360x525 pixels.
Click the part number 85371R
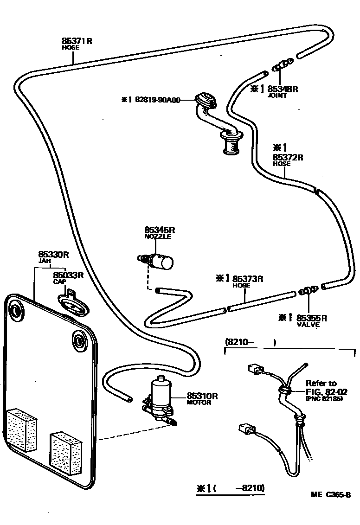[x=77, y=41]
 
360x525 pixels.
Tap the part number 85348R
[x=283, y=89]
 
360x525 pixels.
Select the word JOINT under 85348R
[x=278, y=96]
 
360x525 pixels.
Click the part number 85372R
[x=288, y=157]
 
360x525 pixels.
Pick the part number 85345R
[x=160, y=230]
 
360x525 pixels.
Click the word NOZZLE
[x=158, y=237]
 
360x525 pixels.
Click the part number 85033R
[x=68, y=275]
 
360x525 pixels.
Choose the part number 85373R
[x=248, y=279]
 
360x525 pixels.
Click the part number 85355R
[x=312, y=318]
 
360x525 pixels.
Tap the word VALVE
[x=308, y=325]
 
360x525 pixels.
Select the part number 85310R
[x=202, y=396]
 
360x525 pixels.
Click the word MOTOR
[x=199, y=403]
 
